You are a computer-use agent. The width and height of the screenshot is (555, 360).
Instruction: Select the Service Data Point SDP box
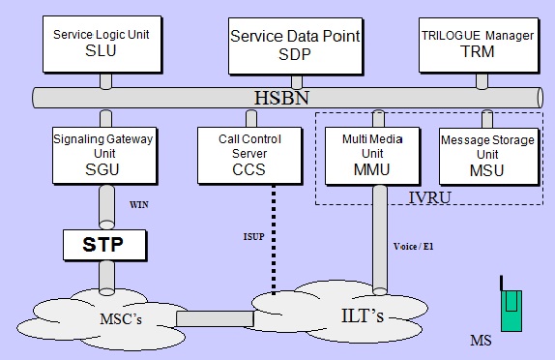[x=294, y=45]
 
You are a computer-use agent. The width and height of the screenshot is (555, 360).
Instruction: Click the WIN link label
[x=136, y=205]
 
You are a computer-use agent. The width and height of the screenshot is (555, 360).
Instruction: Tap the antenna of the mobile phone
[x=501, y=284]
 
